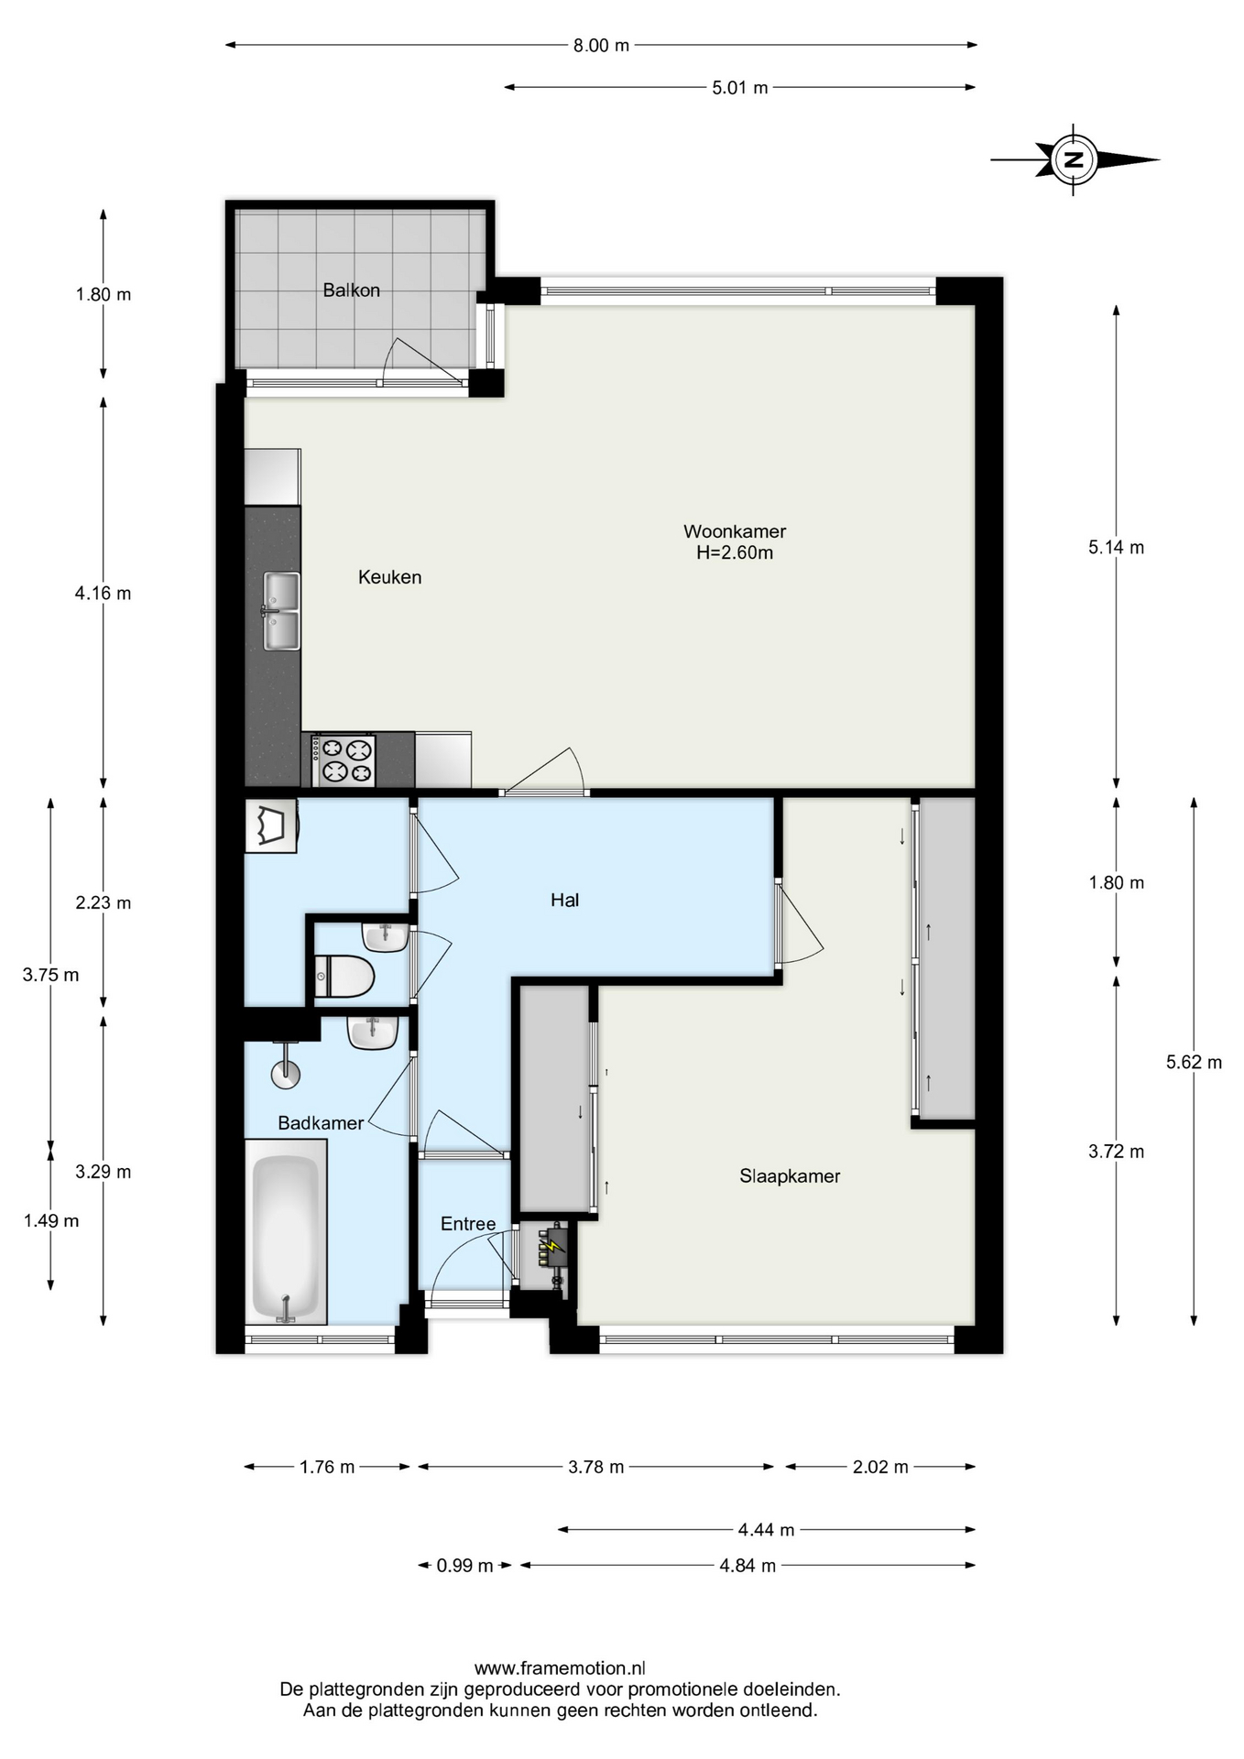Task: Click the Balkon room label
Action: tap(351, 290)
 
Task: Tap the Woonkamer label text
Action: tap(735, 531)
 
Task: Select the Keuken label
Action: tap(389, 577)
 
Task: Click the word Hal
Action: tap(564, 900)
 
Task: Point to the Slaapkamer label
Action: tap(790, 1176)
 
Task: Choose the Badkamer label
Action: tap(321, 1123)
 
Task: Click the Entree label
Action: tap(468, 1224)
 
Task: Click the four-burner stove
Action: tap(344, 760)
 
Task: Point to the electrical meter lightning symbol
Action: tap(553, 1246)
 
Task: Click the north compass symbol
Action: tap(1075, 159)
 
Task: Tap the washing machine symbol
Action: tap(271, 826)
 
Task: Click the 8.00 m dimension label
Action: tap(602, 45)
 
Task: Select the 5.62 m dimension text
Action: tap(1194, 1063)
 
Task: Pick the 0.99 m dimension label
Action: tap(464, 1566)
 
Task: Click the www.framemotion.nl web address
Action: tap(560, 1668)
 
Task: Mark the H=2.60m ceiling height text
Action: tap(735, 552)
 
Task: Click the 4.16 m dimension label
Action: tap(103, 594)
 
